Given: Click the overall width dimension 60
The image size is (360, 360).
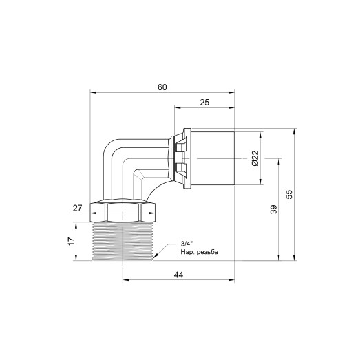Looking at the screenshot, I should pos(162,87).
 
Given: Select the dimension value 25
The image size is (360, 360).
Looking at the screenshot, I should pos(204,103).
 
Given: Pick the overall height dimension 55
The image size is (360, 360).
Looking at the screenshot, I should pos(290,195).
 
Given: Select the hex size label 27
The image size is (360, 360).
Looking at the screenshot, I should pos(77,207).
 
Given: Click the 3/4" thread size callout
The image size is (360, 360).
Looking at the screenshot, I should pos(187,244).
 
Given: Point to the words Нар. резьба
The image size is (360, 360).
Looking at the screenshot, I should pos(199,252).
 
